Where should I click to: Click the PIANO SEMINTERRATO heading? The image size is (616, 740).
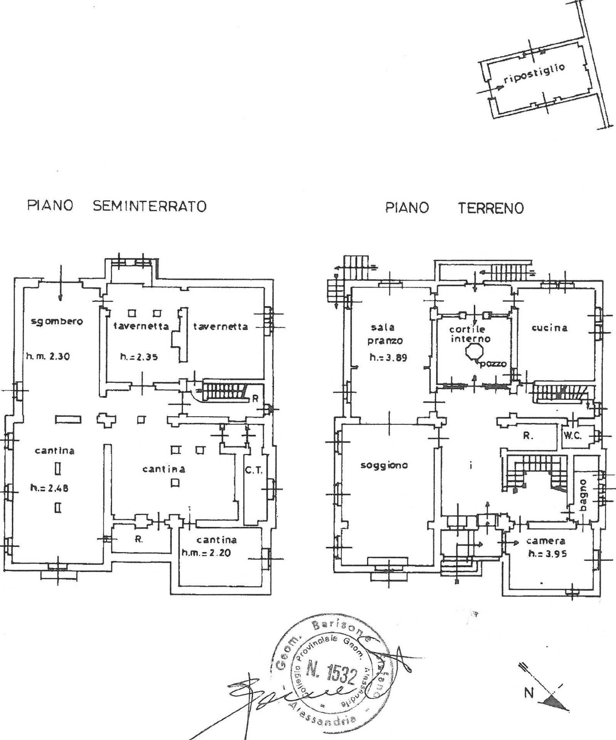click(116, 206)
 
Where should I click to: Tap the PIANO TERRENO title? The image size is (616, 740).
click(454, 208)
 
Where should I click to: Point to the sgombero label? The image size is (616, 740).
click(57, 321)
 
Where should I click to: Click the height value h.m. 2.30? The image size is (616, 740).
click(48, 357)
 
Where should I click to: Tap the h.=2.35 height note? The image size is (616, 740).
click(139, 357)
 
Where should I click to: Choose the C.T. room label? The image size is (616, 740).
click(253, 470)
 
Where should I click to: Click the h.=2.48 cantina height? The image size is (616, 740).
click(49, 488)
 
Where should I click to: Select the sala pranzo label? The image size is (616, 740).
click(382, 334)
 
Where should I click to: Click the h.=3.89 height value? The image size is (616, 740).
click(388, 357)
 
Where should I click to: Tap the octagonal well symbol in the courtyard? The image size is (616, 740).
click(472, 351)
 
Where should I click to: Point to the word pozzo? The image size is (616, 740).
click(493, 363)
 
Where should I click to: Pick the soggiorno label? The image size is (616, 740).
click(384, 465)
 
